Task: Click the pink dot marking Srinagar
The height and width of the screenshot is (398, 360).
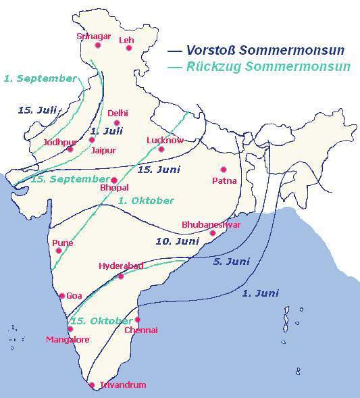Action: click(x=98, y=46)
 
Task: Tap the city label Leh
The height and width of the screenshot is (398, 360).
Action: click(x=126, y=40)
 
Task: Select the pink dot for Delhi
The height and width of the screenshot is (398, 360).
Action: click(x=116, y=123)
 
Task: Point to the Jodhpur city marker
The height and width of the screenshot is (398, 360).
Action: click(x=70, y=149)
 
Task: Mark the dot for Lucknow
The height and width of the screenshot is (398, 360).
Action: click(x=161, y=149)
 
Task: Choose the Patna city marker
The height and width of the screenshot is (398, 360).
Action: click(x=224, y=170)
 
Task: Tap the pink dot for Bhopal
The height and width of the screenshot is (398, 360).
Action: click(x=114, y=180)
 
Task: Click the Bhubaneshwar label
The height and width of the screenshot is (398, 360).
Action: click(x=211, y=225)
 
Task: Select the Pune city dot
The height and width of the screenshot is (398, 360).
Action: click(x=59, y=251)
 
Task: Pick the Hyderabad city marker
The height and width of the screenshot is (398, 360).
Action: click(x=121, y=276)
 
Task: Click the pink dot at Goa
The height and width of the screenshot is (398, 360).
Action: click(x=62, y=295)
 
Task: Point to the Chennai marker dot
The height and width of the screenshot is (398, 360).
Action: click(x=137, y=320)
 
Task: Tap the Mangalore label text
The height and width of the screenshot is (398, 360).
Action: click(x=68, y=339)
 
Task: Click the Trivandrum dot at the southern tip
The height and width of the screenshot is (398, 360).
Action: click(x=93, y=385)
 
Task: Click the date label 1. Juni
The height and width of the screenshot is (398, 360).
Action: click(x=260, y=293)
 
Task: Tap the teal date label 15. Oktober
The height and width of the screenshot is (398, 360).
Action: click(x=102, y=320)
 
